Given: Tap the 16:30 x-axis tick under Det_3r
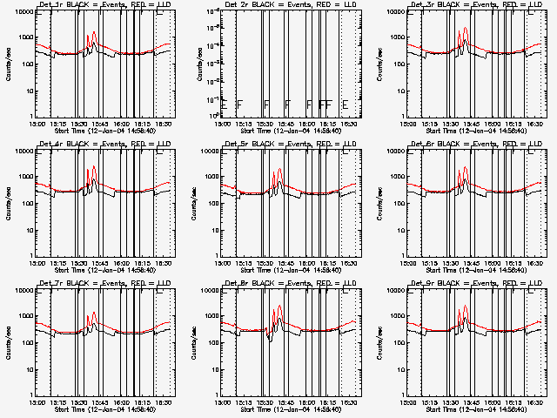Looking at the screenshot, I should pyautogui.click(x=532, y=123).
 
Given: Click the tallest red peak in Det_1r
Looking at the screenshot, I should pyautogui.click(x=94, y=33).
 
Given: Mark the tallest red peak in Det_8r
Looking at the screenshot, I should pyautogui.click(x=280, y=307).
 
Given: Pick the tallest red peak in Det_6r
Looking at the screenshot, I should pyautogui.click(x=466, y=171).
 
